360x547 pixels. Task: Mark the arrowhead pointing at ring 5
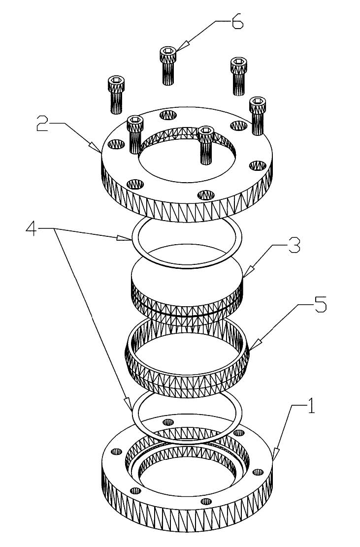(x=250, y=349)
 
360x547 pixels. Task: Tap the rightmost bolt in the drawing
(x=258, y=115)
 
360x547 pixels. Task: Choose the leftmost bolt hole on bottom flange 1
(x=117, y=451)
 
